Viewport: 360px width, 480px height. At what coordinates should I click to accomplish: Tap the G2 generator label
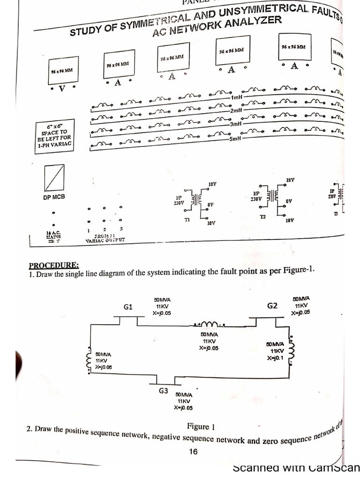(x=272, y=306)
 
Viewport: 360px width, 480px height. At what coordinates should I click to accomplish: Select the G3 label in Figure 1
(x=163, y=390)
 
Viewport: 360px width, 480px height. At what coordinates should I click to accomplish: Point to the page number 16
(x=193, y=451)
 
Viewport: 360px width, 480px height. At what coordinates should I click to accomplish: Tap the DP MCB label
(x=54, y=198)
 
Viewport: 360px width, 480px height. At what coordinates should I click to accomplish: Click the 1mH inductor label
(x=237, y=97)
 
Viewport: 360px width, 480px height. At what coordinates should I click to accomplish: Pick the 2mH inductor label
(x=236, y=111)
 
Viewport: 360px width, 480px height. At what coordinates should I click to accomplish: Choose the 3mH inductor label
(x=235, y=124)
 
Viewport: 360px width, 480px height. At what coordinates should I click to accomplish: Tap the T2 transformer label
(x=262, y=217)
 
